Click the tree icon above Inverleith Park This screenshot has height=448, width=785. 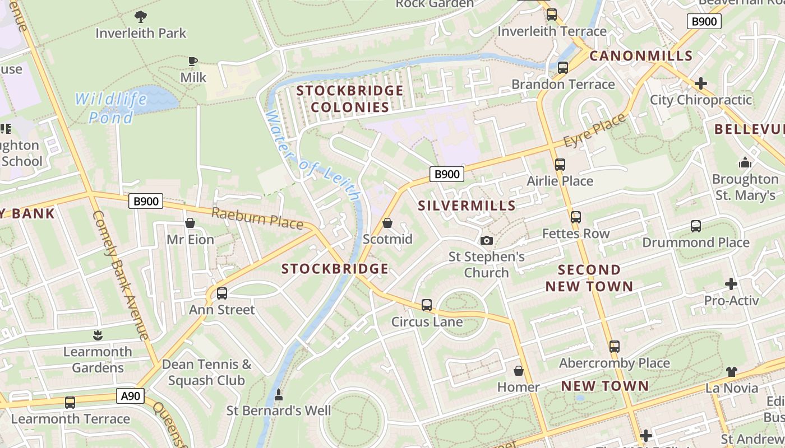coord(141,16)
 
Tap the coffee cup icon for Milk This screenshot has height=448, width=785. coord(193,61)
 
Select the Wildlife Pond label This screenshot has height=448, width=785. coord(111,108)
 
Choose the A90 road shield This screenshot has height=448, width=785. coord(131,396)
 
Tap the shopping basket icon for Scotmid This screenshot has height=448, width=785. coord(387,223)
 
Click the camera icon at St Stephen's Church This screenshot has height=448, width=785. coord(487,240)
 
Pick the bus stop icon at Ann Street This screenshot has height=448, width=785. coord(222,293)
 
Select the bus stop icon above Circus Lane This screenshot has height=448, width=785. coord(427,305)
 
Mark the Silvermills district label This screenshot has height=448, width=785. coord(467,206)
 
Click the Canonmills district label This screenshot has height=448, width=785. coord(641,55)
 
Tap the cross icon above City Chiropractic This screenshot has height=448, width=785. coord(700,83)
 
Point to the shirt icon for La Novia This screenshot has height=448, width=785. coord(731,371)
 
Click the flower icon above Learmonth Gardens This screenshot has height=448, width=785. coord(98,335)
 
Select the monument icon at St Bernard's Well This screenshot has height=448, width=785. coord(278,395)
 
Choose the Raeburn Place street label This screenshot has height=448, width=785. coord(257,217)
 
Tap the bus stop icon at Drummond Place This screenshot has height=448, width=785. coord(696,226)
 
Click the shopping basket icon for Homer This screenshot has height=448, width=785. coord(519,371)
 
